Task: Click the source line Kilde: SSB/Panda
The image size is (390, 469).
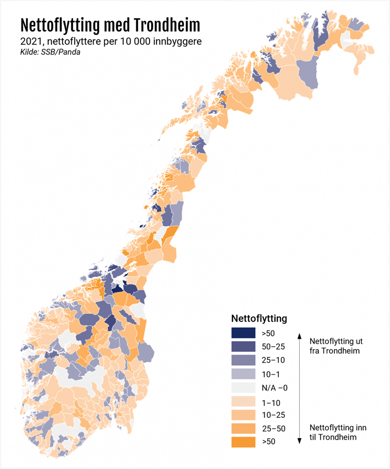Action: [50, 52]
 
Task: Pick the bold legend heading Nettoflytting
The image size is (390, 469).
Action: [258, 319]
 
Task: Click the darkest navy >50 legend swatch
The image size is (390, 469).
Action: [243, 333]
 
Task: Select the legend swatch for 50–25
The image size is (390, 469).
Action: [243, 347]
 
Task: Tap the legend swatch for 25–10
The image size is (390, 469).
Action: [243, 360]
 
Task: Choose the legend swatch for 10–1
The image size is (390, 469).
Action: [243, 374]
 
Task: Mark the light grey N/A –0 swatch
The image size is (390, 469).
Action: [243, 388]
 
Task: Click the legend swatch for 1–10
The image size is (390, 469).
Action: [243, 401]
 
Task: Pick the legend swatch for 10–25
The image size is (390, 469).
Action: [243, 415]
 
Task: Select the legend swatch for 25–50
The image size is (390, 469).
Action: [243, 429]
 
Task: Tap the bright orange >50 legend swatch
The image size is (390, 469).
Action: [243, 442]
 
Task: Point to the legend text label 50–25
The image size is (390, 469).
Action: [273, 347]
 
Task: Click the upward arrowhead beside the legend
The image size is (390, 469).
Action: [299, 336]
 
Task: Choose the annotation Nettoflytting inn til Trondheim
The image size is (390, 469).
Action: [335, 432]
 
